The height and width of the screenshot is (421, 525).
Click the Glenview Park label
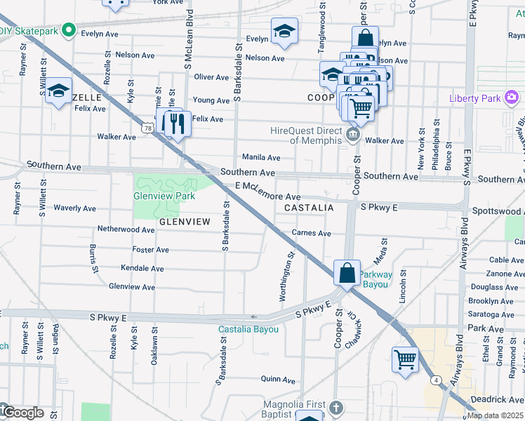164,196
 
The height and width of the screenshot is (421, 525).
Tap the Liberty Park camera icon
512,97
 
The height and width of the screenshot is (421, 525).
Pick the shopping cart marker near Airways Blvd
405,360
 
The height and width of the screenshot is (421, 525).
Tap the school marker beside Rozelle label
59,91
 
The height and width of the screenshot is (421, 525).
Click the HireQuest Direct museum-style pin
354,134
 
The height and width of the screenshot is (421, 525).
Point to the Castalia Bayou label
248,329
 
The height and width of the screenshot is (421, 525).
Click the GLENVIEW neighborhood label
185,222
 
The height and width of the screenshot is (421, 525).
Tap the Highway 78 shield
147,128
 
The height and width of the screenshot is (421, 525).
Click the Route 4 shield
436,380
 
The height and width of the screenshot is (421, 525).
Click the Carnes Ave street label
311,233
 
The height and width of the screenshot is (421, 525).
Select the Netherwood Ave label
126,229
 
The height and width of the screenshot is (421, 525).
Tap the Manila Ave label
261,158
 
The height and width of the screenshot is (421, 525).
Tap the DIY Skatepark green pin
69,30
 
